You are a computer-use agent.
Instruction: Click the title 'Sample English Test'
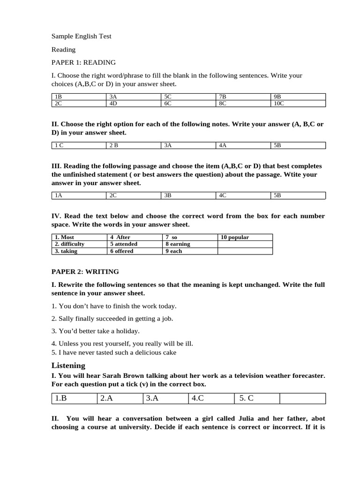[81, 36]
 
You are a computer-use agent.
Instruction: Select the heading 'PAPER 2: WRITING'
[85, 271]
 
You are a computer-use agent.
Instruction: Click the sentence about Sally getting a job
[112, 318]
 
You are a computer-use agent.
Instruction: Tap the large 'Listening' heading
[68, 365]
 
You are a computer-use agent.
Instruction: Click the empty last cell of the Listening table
[302, 398]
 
